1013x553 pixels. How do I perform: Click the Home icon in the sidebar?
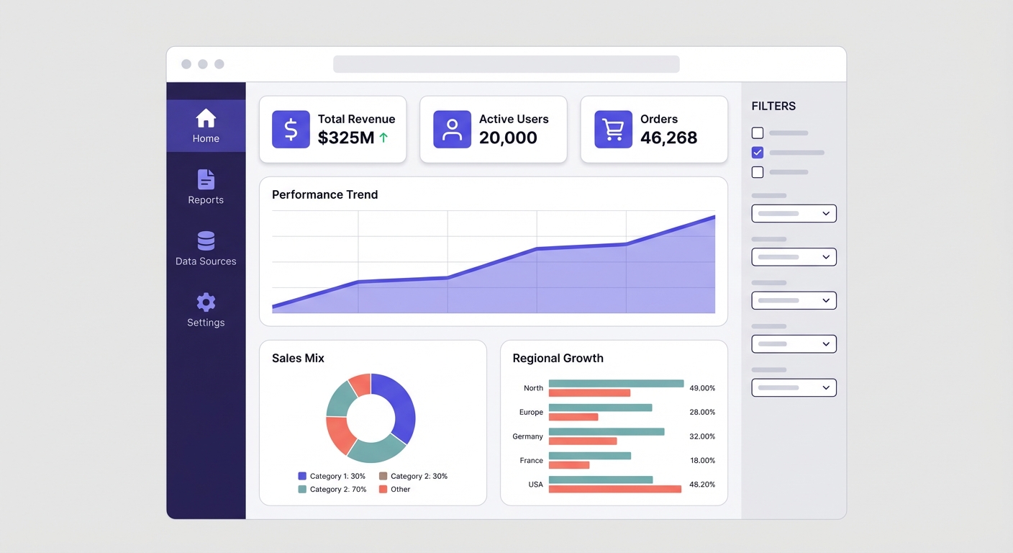(206, 118)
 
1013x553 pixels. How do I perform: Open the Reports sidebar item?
(206, 187)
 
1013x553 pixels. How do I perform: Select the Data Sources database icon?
(206, 241)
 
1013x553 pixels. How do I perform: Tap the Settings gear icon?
(206, 302)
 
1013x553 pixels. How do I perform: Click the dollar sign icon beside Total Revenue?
(291, 130)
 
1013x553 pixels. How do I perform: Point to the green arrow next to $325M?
(383, 138)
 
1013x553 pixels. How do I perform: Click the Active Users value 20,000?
(508, 138)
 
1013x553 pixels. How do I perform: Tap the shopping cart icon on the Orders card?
(613, 130)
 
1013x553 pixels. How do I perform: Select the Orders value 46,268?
(668, 138)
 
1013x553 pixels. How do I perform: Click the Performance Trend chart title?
(324, 194)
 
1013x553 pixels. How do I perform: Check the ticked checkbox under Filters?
(757, 153)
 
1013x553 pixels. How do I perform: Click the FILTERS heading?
(773, 106)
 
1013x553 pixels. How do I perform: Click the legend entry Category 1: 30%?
(332, 476)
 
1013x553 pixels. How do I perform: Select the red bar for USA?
(614, 489)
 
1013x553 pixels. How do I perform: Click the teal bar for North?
(616, 384)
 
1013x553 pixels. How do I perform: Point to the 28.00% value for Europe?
(702, 412)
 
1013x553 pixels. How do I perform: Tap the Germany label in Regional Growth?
(527, 436)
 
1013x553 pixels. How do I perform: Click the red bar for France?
(568, 465)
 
